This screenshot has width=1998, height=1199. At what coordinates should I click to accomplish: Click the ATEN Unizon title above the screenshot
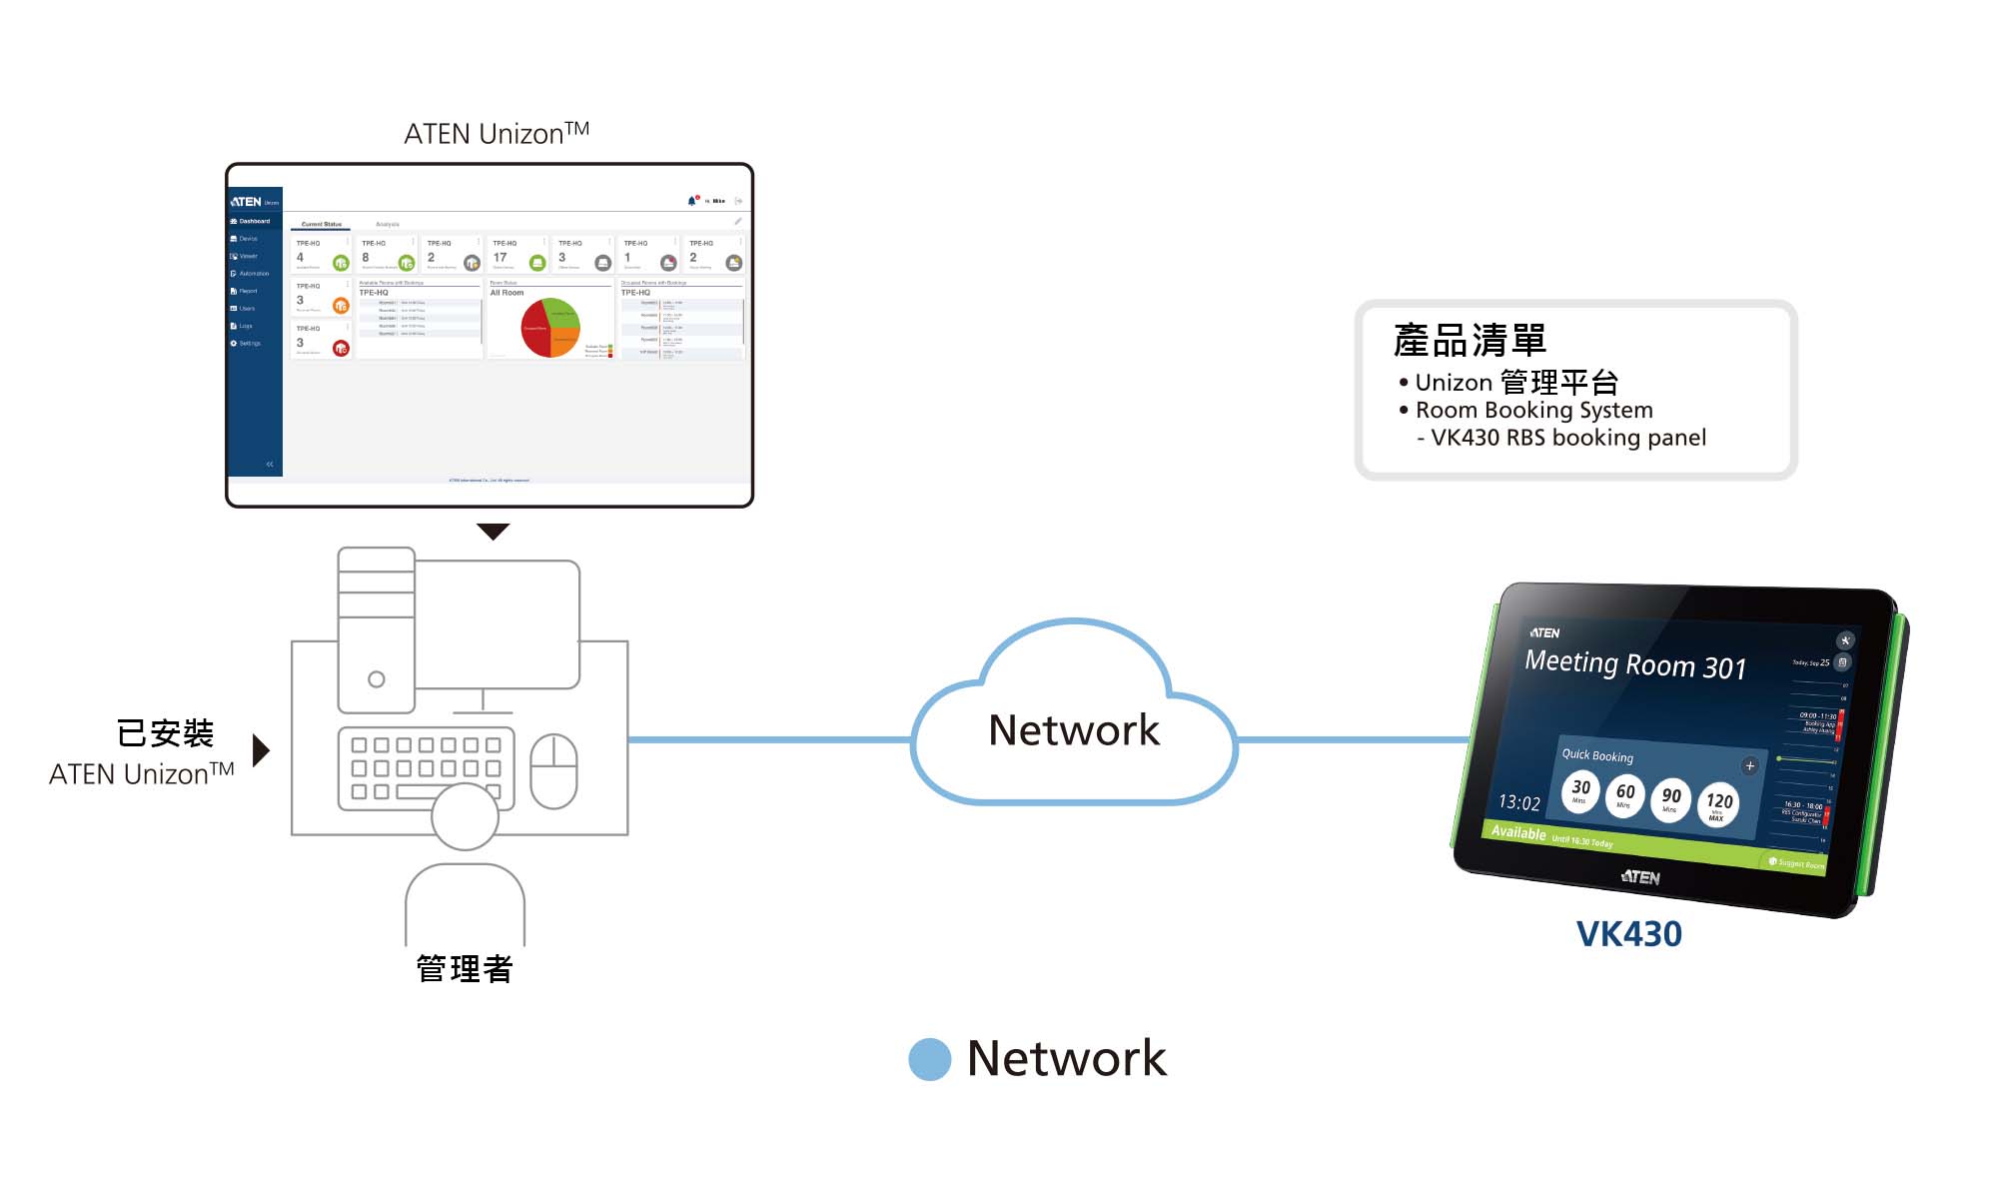click(496, 133)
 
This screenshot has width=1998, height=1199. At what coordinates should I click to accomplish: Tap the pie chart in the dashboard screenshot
click(550, 328)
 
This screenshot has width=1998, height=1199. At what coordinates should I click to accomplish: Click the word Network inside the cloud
click(1074, 730)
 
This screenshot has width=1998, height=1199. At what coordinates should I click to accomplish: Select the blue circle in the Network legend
click(929, 1059)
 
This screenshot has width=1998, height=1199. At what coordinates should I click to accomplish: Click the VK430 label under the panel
click(1628, 934)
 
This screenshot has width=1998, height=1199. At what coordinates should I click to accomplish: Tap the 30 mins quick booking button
click(1580, 790)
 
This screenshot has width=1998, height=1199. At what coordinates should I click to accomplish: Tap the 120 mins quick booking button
click(1718, 803)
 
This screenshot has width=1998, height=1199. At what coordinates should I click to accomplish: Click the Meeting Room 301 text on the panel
click(1635, 664)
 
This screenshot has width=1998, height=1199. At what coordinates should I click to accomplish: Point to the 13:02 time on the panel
click(1518, 802)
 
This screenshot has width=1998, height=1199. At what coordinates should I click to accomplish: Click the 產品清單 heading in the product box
click(1470, 341)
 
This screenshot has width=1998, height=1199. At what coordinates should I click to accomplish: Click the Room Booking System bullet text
click(1533, 410)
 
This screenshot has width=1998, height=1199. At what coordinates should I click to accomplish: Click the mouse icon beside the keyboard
click(553, 771)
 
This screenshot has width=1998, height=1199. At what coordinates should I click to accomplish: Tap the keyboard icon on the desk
click(427, 767)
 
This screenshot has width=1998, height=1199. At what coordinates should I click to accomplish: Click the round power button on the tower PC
click(377, 679)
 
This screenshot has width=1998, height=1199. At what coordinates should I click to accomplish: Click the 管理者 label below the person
click(465, 968)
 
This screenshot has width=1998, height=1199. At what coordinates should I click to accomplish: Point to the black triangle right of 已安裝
click(261, 750)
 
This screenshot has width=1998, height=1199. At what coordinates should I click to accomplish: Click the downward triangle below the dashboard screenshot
click(493, 531)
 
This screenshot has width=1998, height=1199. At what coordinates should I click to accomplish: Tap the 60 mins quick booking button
click(1625, 794)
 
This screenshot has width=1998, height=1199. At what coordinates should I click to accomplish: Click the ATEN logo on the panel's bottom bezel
click(1639, 877)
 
